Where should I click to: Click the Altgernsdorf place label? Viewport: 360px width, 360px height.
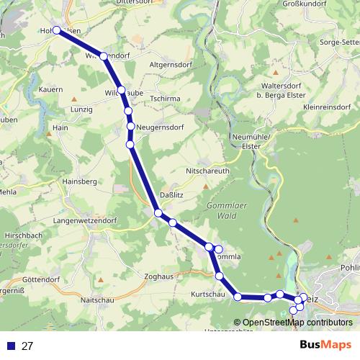[x=170, y=64]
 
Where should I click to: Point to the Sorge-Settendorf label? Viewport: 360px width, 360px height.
[x=334, y=43]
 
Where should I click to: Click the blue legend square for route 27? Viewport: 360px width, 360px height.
[x=10, y=346]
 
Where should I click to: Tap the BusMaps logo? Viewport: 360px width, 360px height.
[x=326, y=345]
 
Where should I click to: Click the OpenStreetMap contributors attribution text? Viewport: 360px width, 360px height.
[x=297, y=323]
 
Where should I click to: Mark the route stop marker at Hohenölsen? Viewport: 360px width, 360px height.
[x=58, y=31]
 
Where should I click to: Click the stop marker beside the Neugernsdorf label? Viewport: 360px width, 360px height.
[x=131, y=127]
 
